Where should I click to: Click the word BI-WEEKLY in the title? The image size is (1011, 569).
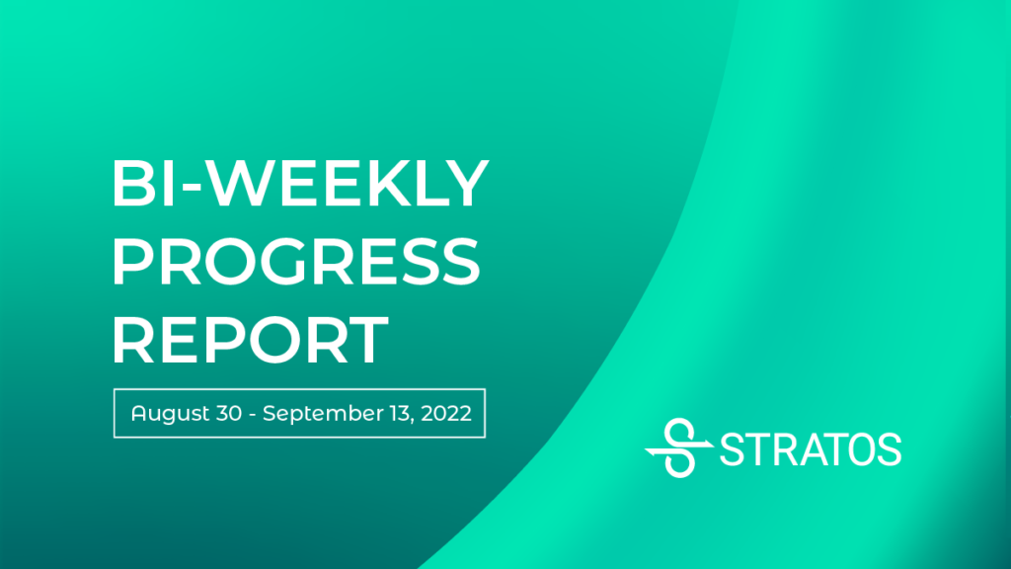tap(300, 183)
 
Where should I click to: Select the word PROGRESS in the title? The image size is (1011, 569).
tap(296, 261)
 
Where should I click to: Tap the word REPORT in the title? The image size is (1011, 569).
tap(250, 340)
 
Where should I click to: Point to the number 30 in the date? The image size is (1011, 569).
tap(229, 414)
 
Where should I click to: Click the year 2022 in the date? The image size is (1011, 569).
tap(446, 414)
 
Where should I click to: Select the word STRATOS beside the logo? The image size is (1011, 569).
tap(811, 449)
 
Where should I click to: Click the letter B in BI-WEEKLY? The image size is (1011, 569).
tap(134, 183)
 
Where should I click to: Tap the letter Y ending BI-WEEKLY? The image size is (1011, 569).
tap(464, 183)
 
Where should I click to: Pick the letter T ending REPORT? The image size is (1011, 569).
tap(365, 340)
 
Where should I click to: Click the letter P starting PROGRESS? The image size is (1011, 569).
tap(132, 261)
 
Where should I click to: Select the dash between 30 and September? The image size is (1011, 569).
tap(252, 415)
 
